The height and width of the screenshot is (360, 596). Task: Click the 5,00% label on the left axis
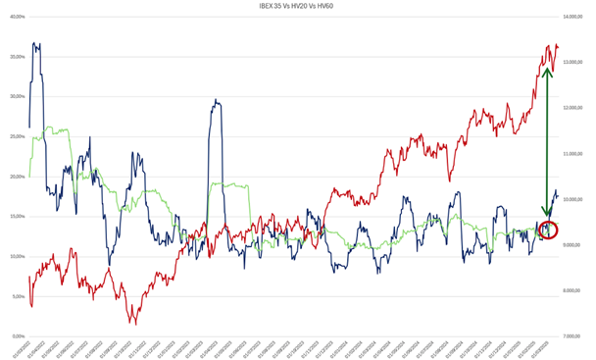tap(15, 296)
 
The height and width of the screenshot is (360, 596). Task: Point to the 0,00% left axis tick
tap(15, 336)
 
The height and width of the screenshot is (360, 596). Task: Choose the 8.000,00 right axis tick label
tap(574, 290)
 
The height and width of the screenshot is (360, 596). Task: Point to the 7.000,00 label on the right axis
tap(574, 336)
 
